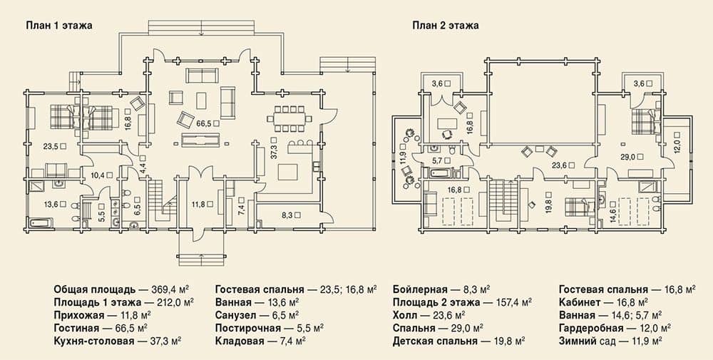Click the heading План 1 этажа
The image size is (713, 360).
[x=58, y=26]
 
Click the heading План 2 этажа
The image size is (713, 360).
[x=445, y=26]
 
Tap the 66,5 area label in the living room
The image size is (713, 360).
[x=204, y=123]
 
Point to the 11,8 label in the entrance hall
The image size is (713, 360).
[x=198, y=205]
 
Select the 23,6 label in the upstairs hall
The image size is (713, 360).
[x=560, y=166]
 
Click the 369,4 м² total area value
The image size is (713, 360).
[x=168, y=289]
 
